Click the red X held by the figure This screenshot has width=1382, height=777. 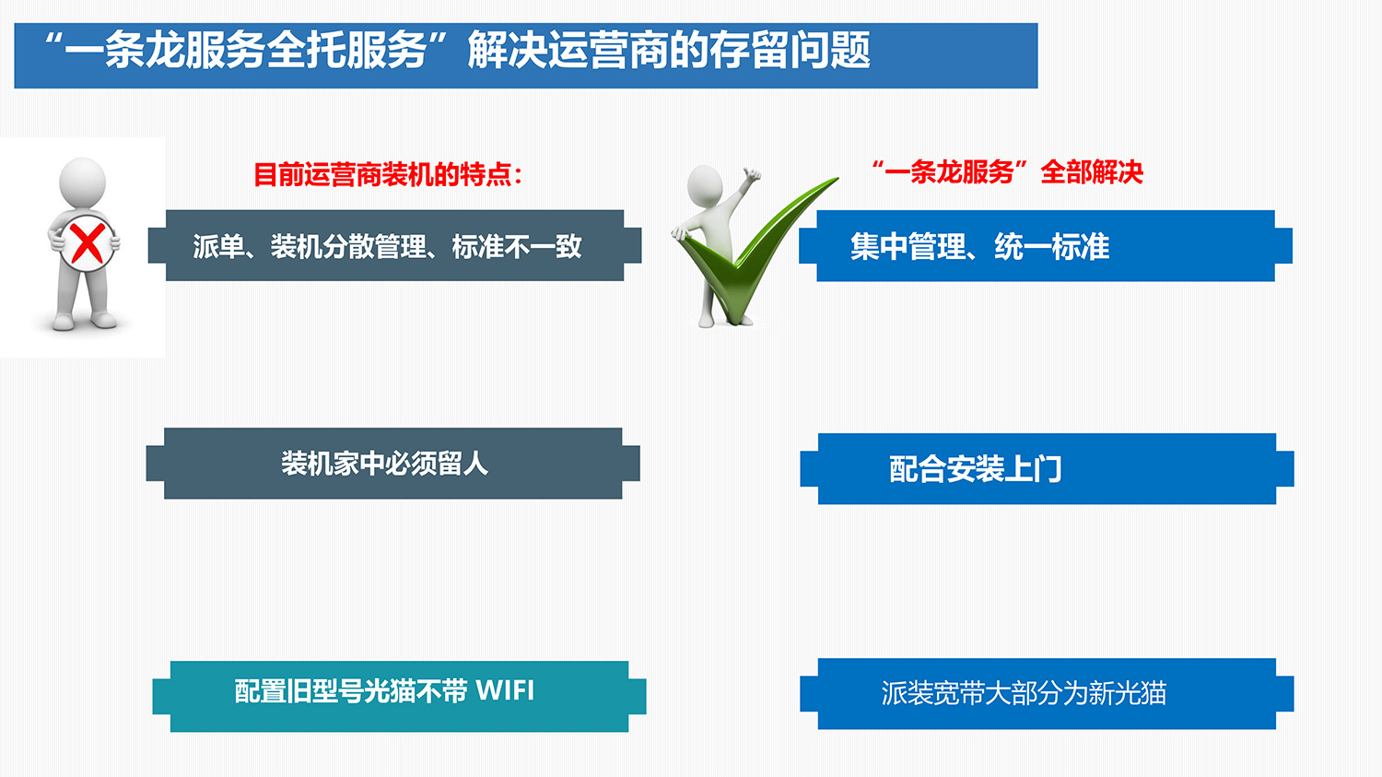87,243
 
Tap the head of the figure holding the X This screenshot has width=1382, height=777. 82,181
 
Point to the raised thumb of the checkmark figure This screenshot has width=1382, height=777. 752,173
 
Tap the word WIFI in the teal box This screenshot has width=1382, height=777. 505,690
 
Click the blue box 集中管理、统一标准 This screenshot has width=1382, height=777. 1045,246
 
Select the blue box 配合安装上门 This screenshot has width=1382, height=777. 1047,469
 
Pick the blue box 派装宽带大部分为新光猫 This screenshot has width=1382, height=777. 1047,693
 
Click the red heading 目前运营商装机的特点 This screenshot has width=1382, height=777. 388,174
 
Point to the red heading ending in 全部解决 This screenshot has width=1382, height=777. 1008,172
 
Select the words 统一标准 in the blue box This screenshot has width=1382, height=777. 1052,247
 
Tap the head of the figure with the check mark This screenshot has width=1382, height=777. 705,185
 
